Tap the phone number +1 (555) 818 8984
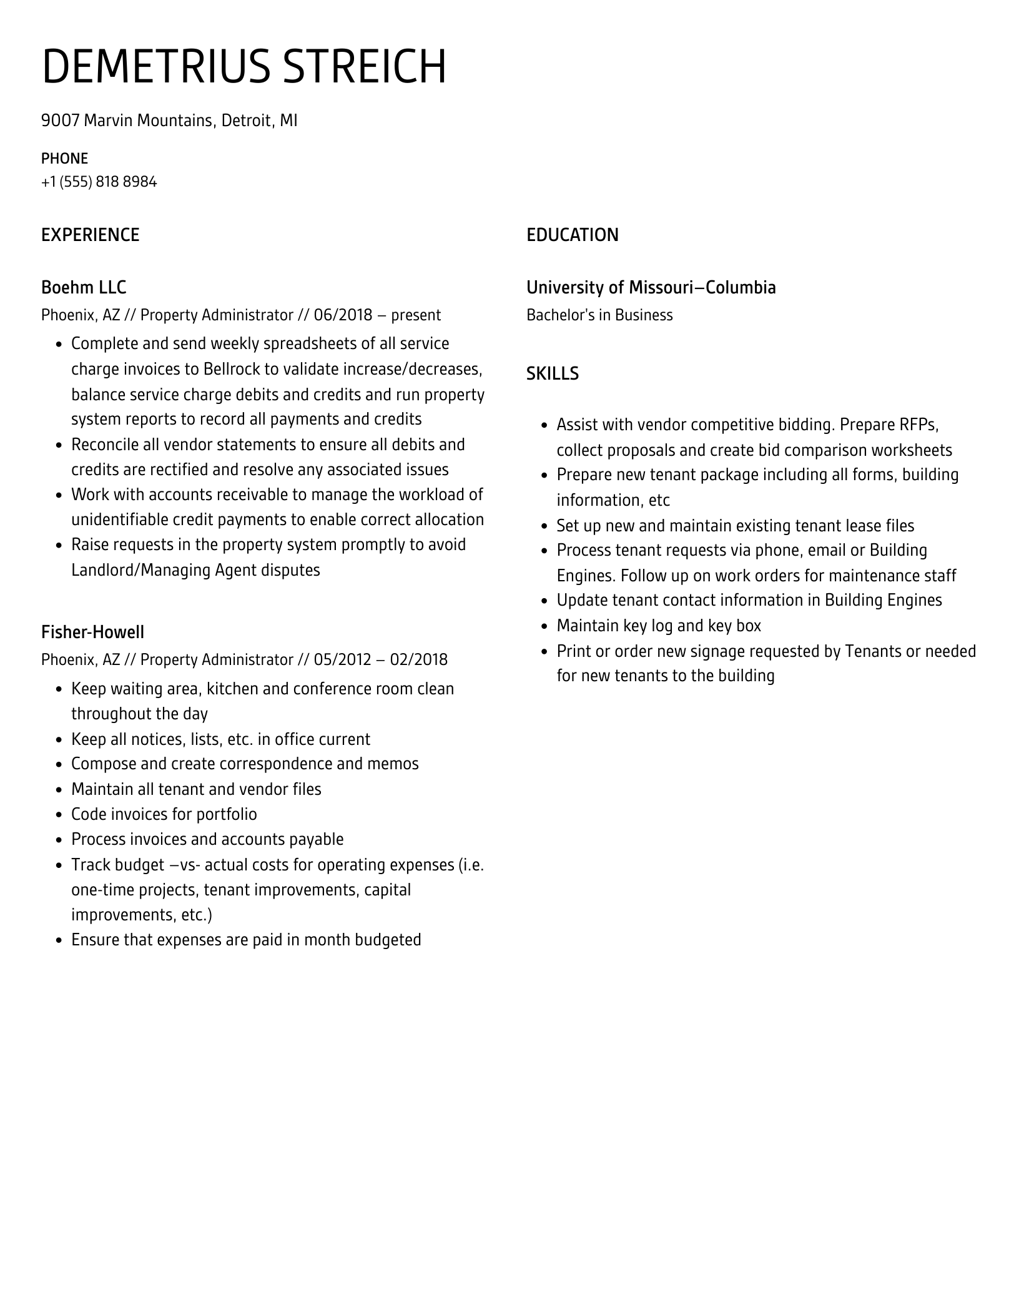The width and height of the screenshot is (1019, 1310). click(x=99, y=182)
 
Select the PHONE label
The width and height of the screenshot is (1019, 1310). click(x=64, y=159)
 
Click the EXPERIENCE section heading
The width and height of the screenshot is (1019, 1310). click(x=90, y=235)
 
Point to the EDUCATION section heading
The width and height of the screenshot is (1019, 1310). click(x=572, y=235)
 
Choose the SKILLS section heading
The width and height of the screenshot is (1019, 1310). click(x=552, y=373)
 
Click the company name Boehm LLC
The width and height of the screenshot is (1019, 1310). click(x=84, y=287)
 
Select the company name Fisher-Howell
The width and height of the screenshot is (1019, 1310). click(x=92, y=633)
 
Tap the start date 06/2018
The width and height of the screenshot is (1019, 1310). click(x=343, y=315)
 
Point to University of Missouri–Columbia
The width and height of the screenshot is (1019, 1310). click(x=651, y=287)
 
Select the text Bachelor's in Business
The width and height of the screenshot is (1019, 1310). click(x=599, y=315)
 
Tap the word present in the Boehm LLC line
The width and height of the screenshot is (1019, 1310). click(x=416, y=315)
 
